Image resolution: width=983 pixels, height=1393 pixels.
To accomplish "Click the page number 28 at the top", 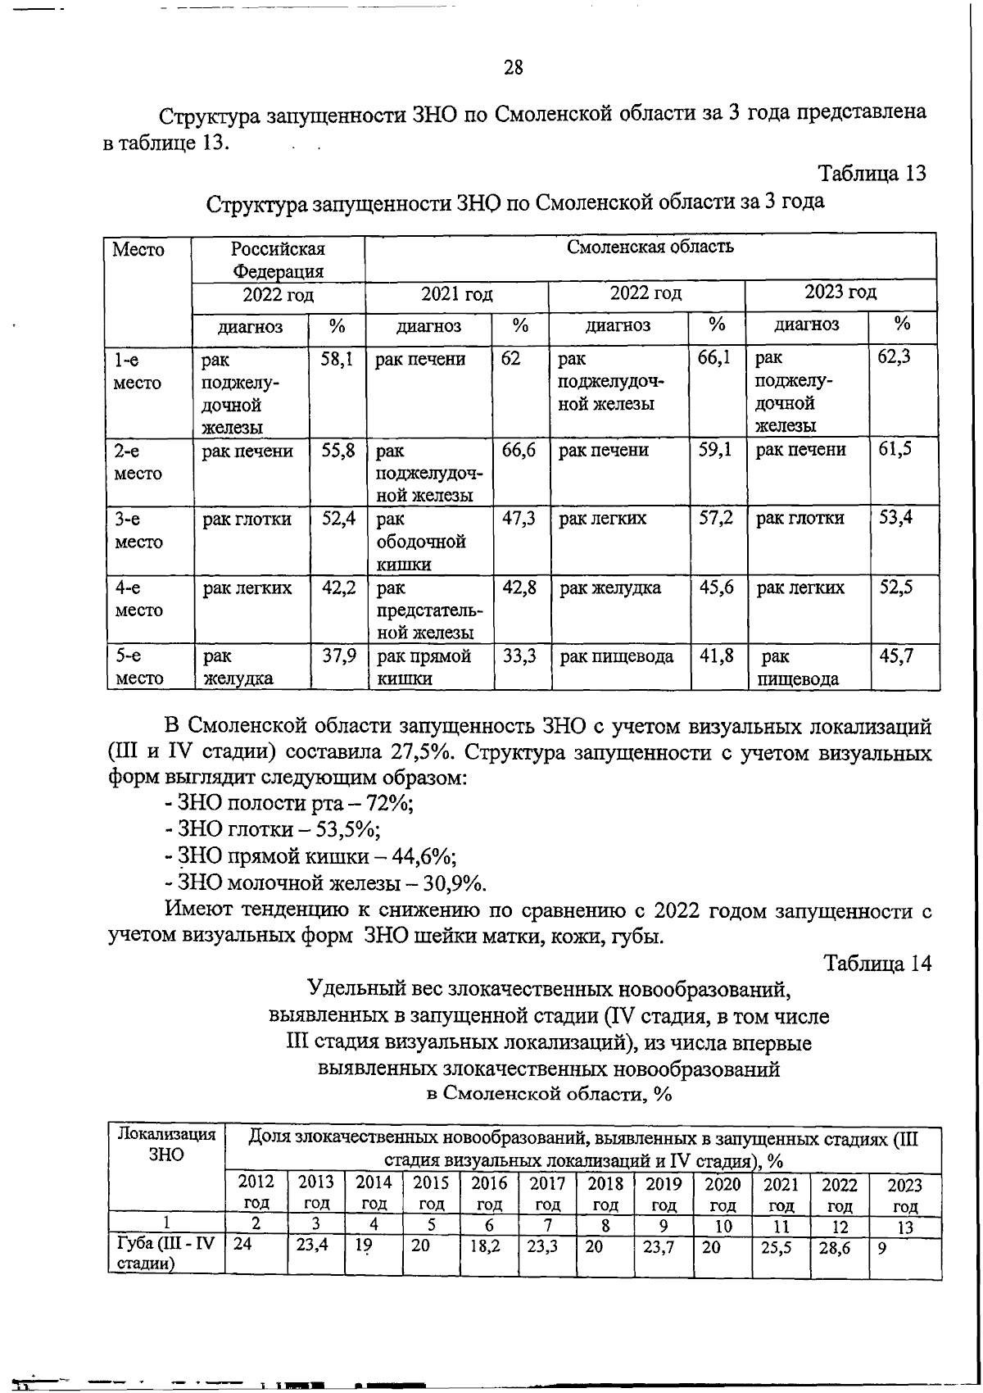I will pos(514,68).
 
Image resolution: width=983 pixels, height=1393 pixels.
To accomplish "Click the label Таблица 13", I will pos(872,173).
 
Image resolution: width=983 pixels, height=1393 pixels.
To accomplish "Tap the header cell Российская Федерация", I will pos(277,259).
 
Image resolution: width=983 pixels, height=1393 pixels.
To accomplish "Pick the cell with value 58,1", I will pos(337,358).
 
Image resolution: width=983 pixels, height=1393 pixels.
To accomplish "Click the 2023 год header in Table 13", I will pos(840,293).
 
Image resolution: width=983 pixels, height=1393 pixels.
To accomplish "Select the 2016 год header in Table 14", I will pos(489,1194).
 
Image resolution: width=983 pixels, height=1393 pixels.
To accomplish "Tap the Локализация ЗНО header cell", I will pos(166,1144).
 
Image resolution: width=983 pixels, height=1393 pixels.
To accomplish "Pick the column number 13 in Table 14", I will pos(904,1227).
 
